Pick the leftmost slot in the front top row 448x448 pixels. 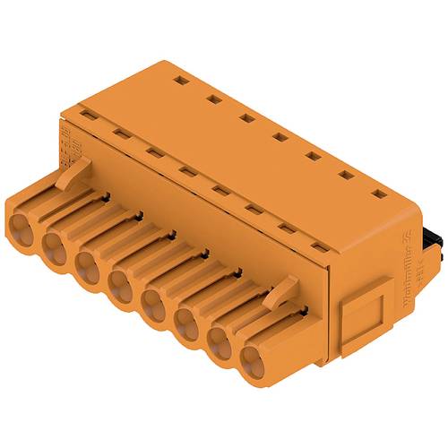[87, 114]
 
